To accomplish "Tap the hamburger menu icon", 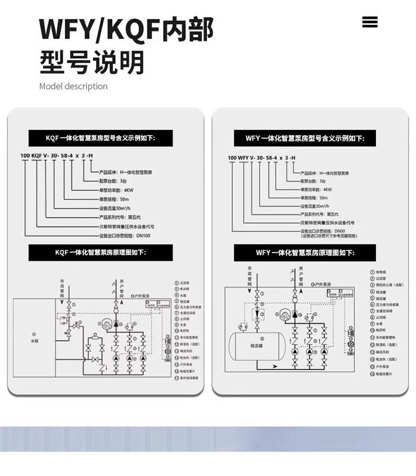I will pos(370,22).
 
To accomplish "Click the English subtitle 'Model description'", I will pos(73,86).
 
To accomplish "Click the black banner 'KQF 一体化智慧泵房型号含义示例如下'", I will pos(101,138).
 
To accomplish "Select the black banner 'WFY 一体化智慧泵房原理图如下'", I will pos(305,253).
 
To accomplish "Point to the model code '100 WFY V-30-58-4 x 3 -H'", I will pos(261,158).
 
